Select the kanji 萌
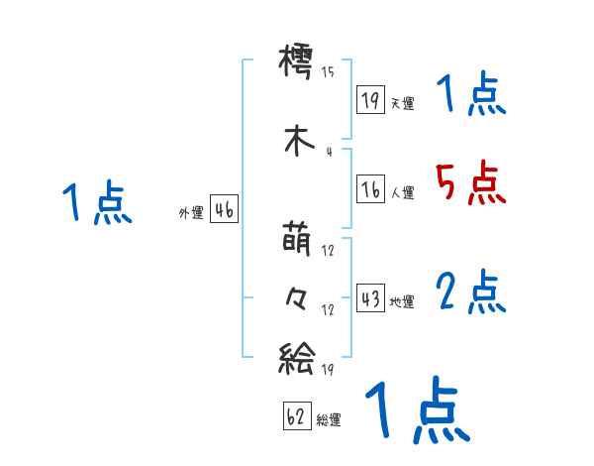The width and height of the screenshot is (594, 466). [x=298, y=243]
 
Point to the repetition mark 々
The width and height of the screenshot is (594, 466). [x=298, y=297]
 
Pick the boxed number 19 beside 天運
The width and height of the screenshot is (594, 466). [x=370, y=101]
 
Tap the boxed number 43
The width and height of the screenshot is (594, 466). [x=370, y=299]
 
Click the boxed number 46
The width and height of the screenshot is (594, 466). [x=224, y=210]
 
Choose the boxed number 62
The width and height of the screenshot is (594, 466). [x=296, y=417]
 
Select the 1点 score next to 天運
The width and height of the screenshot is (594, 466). [x=470, y=95]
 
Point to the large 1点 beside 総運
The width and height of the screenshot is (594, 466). [x=417, y=411]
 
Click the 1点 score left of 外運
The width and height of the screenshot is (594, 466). [x=96, y=203]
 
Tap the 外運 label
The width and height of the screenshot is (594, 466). [x=191, y=212]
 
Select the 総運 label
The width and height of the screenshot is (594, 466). [x=329, y=420]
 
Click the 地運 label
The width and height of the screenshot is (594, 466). [x=402, y=302]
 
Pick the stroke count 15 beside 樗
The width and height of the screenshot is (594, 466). [x=328, y=71]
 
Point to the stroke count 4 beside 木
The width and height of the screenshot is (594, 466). [x=328, y=152]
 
